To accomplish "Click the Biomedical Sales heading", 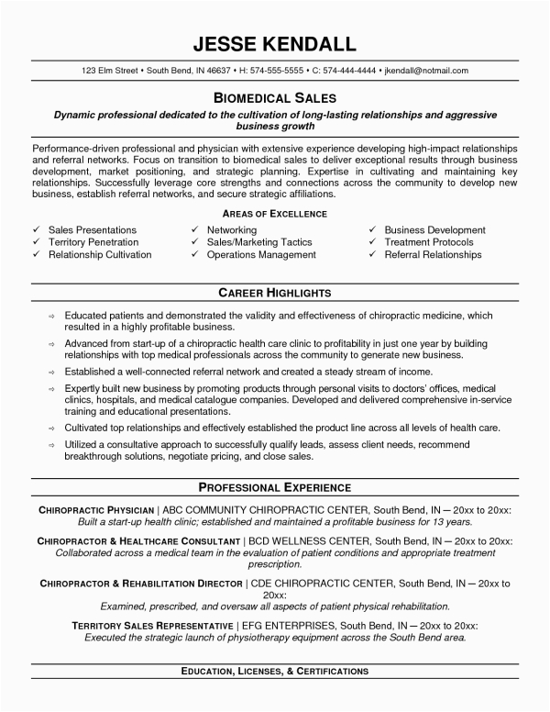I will (275, 96).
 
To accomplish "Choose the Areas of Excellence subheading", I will (275, 213).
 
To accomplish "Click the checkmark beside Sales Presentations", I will (35, 229).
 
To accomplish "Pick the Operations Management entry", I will (261, 255).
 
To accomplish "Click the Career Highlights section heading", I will (275, 293).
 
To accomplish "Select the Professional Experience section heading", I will (275, 485).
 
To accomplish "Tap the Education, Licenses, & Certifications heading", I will (275, 672).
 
